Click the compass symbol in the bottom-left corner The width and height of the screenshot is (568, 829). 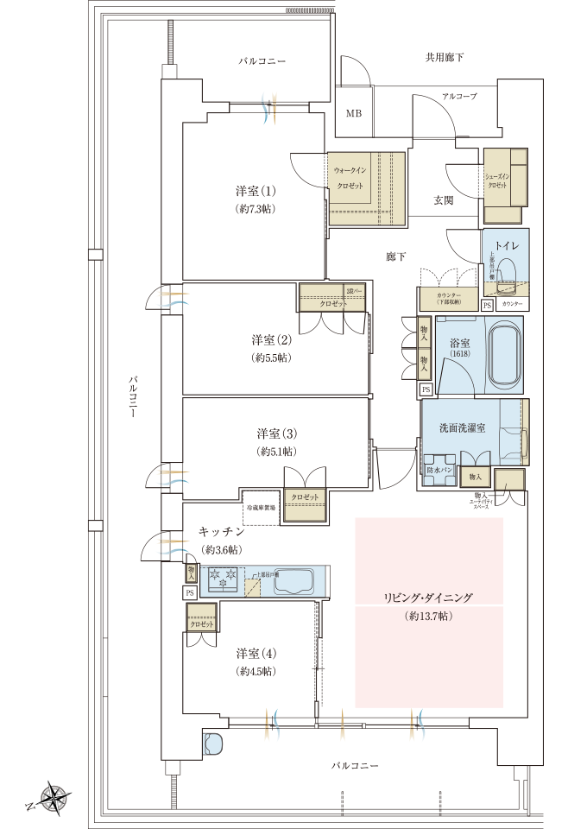tap(54, 798)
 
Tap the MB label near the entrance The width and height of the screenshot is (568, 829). tap(354, 113)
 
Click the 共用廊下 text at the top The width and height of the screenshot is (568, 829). tap(445, 58)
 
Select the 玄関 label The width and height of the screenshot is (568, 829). tap(443, 199)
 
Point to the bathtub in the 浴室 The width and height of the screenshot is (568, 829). tap(505, 355)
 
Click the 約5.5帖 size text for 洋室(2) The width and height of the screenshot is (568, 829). tap(272, 357)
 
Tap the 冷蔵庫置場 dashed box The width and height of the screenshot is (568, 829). tap(262, 508)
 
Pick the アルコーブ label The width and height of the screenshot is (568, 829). tap(458, 97)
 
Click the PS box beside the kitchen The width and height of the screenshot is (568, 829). tap(189, 593)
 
